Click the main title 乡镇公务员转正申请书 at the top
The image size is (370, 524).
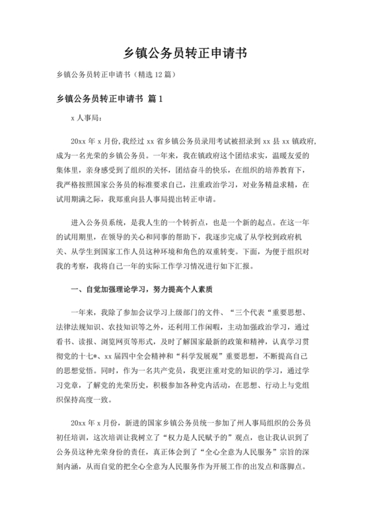(185, 52)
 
